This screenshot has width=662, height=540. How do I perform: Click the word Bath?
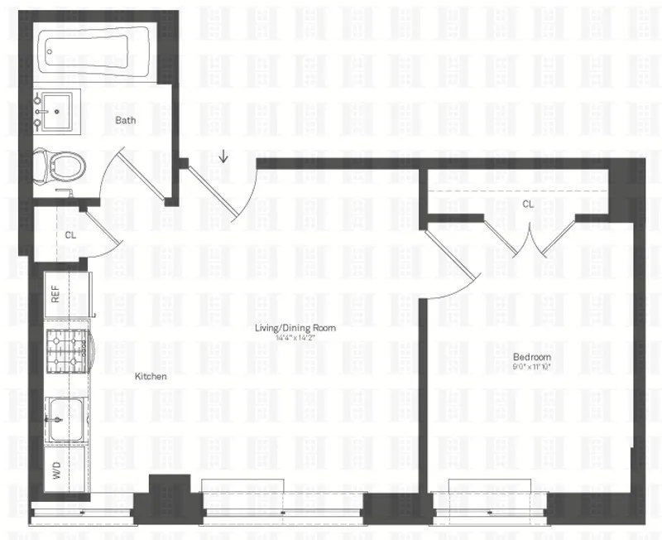pyautogui.click(x=126, y=120)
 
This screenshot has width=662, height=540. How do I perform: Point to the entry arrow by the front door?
pyautogui.click(x=224, y=156)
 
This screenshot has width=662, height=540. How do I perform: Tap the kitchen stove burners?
pyautogui.click(x=66, y=351)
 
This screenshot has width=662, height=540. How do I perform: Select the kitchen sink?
pyautogui.click(x=64, y=419)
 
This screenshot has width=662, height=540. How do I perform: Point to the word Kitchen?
pyautogui.click(x=151, y=376)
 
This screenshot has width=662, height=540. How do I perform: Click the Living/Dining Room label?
pyautogui.click(x=295, y=329)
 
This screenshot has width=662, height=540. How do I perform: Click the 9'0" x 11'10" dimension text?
pyautogui.click(x=531, y=365)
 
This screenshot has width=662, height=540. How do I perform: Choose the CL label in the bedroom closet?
pyautogui.click(x=528, y=203)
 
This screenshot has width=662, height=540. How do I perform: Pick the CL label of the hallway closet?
pyautogui.click(x=70, y=234)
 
